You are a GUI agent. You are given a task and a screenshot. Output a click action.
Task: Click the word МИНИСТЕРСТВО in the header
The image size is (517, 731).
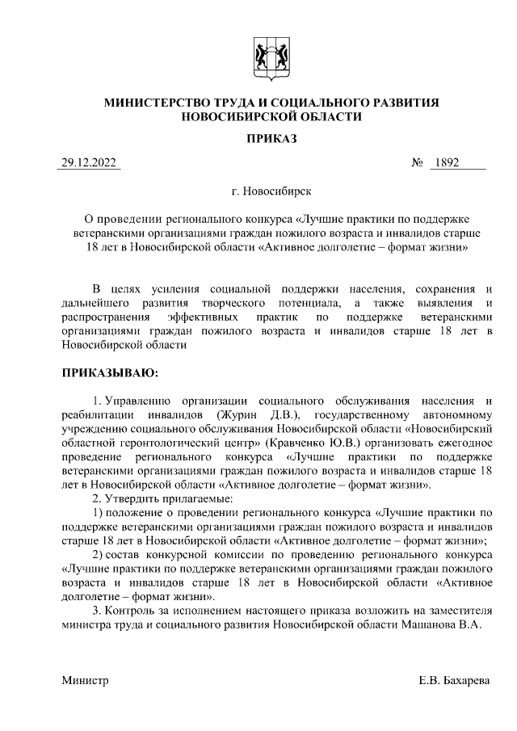[x=158, y=103]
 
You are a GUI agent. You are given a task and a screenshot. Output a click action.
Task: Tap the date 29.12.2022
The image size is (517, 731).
[x=90, y=162]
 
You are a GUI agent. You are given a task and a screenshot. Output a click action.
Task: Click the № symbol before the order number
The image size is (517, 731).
[x=418, y=162]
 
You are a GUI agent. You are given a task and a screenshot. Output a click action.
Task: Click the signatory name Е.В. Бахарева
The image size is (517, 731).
[x=455, y=681]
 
